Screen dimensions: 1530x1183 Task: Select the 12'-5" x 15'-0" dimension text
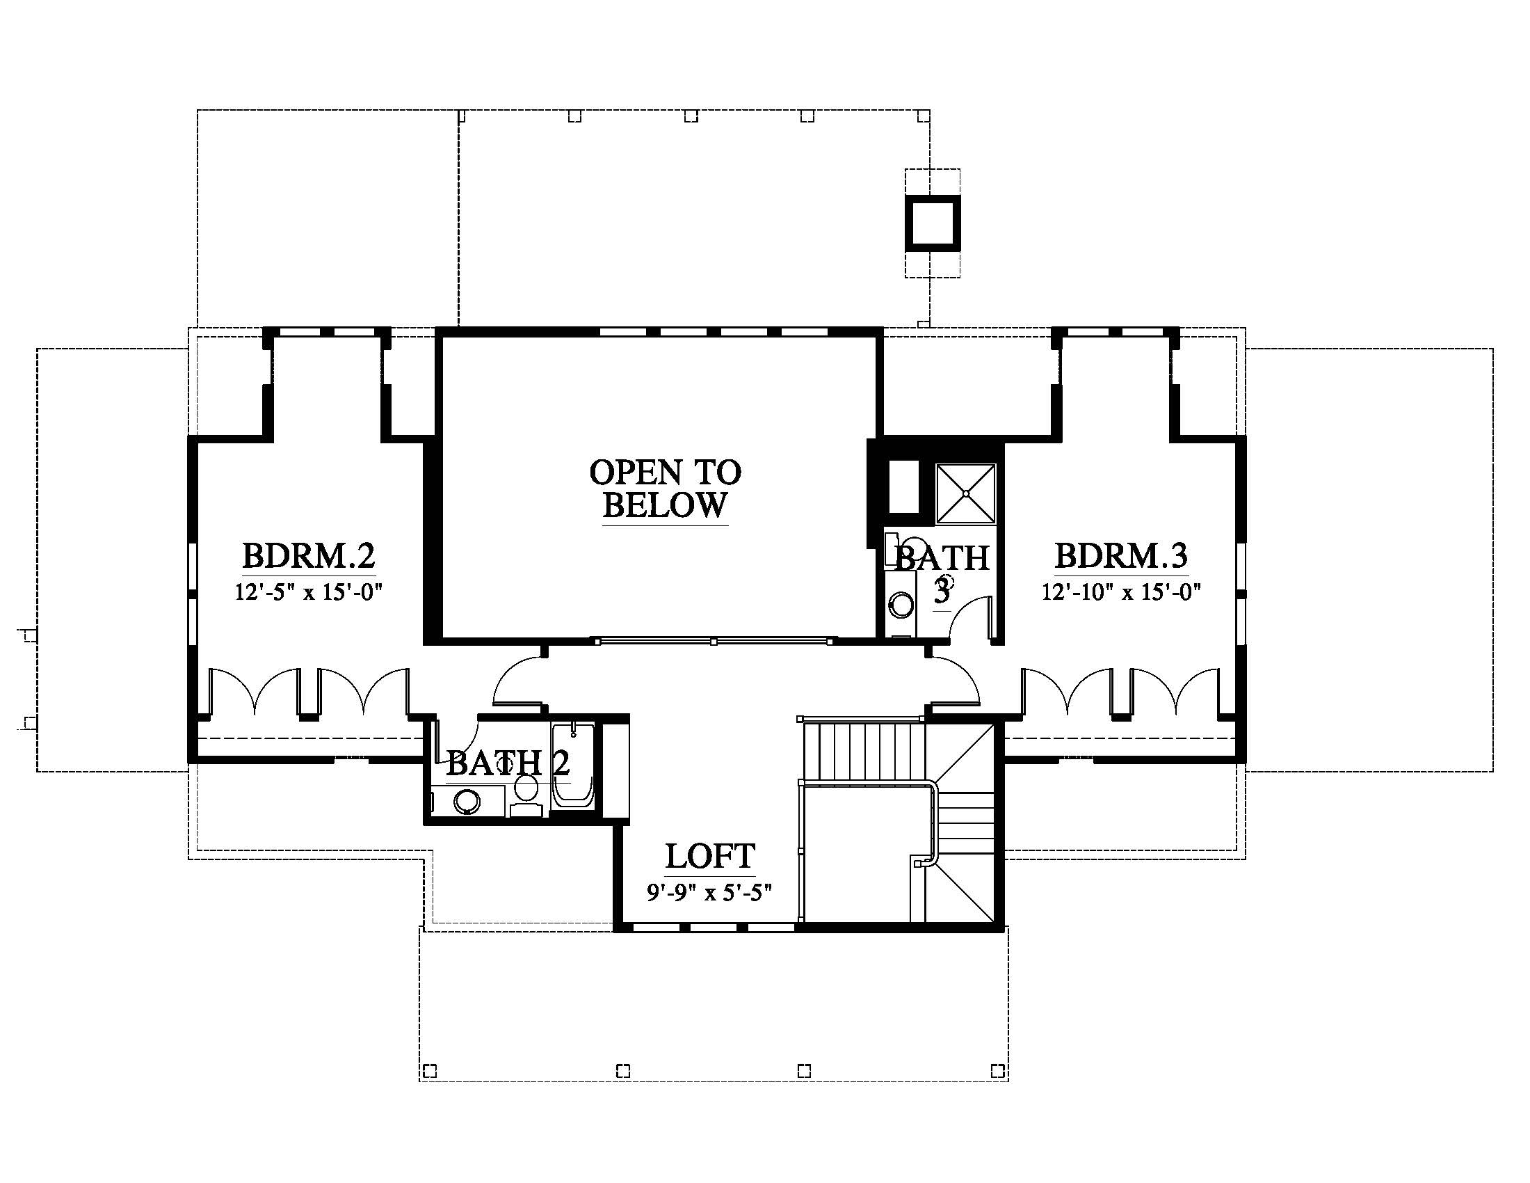pos(308,593)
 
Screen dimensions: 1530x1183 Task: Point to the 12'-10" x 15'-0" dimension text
pos(1121,593)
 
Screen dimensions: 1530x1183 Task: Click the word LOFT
pos(709,856)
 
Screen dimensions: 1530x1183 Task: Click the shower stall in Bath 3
pos(966,493)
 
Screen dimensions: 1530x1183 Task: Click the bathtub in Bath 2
pos(573,767)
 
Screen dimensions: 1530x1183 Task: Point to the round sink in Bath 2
pos(467,800)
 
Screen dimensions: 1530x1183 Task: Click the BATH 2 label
pos(508,763)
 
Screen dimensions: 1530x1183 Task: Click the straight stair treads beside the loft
pos(863,752)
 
